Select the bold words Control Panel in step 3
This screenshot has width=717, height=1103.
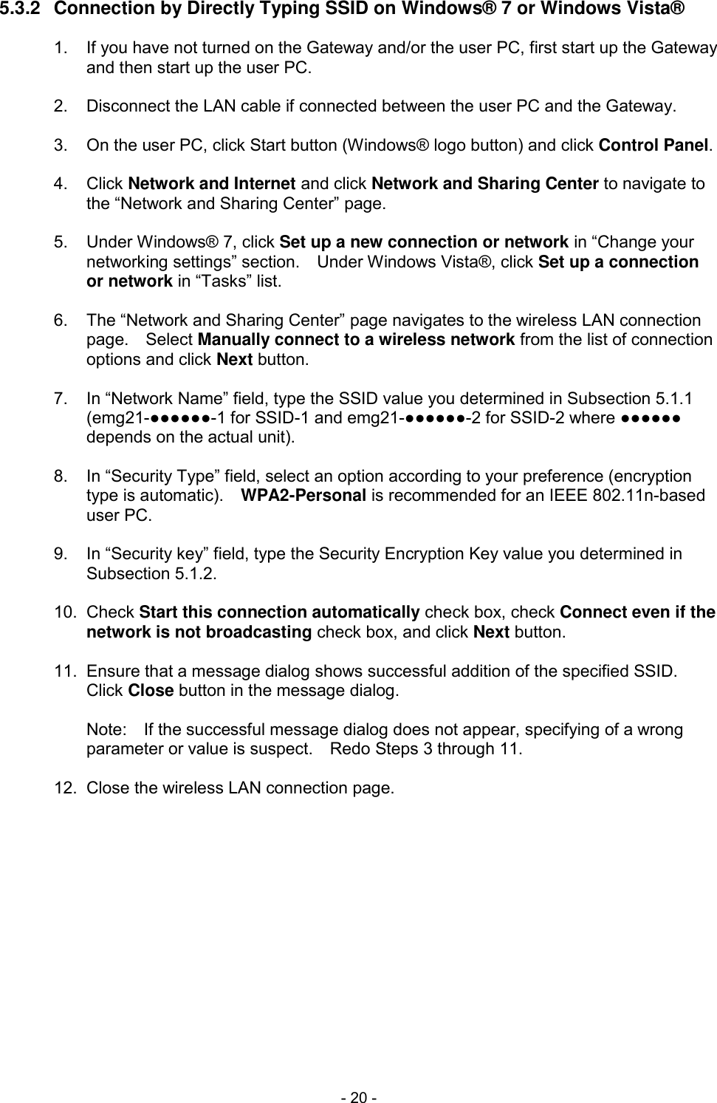click(x=654, y=145)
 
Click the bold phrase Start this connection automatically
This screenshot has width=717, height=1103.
click(x=280, y=613)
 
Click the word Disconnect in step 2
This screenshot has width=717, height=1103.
click(x=128, y=106)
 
